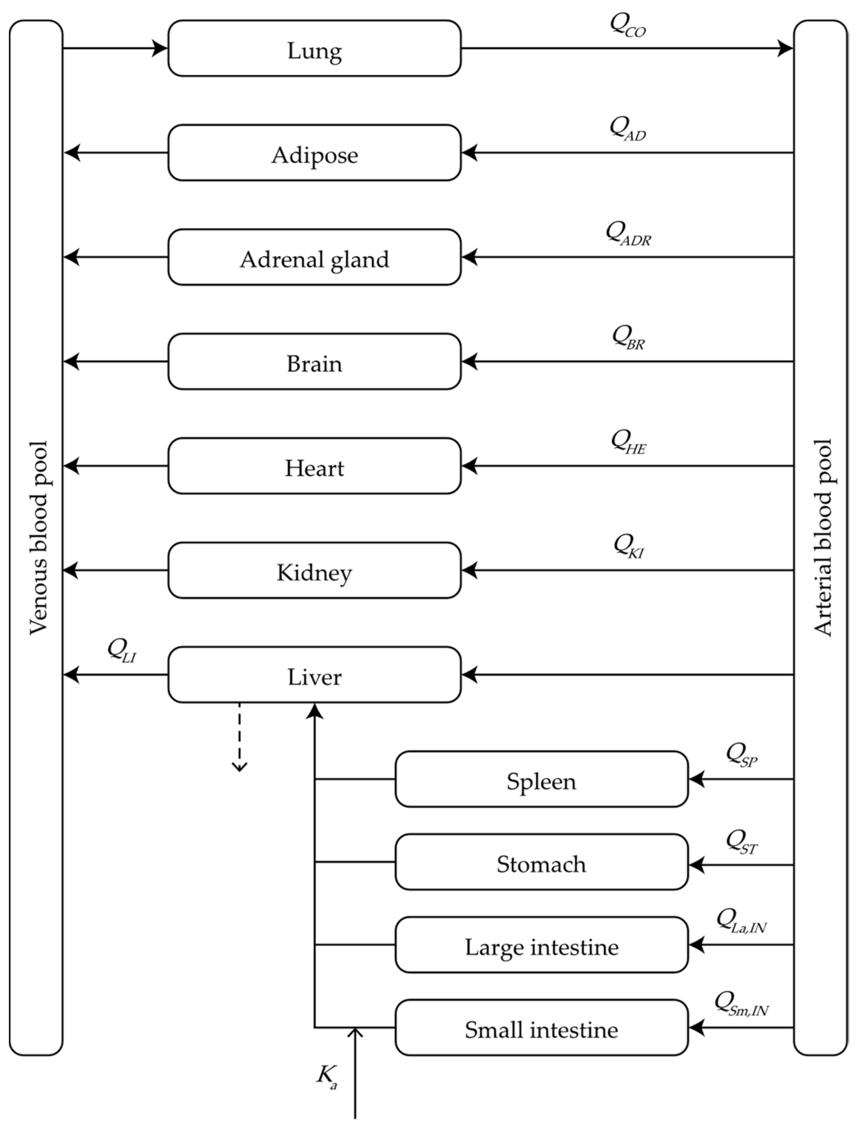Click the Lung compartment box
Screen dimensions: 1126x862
pos(314,49)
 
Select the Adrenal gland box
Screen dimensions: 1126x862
pos(314,257)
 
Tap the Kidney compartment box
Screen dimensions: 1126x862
pos(314,570)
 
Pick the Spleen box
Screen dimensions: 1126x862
pos(541,779)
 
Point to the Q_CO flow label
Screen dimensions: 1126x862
pos(627,26)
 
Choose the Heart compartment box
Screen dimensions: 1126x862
pos(314,466)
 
